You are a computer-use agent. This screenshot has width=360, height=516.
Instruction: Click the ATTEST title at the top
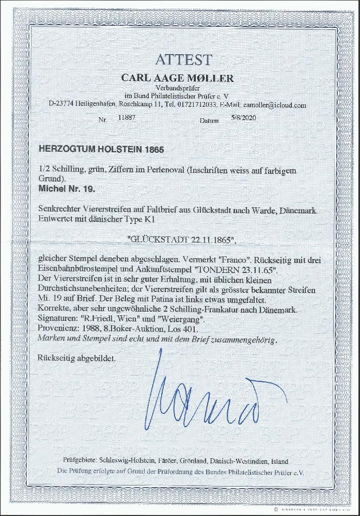click(177, 60)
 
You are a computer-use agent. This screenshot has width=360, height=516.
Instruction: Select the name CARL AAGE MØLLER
click(177, 78)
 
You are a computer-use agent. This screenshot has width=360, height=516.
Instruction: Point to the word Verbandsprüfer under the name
click(177, 89)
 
